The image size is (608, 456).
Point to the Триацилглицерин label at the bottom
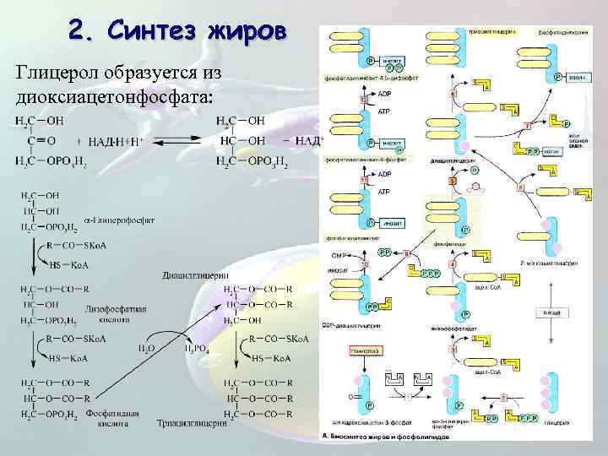194,424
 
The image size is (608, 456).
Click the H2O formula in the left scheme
146,347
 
